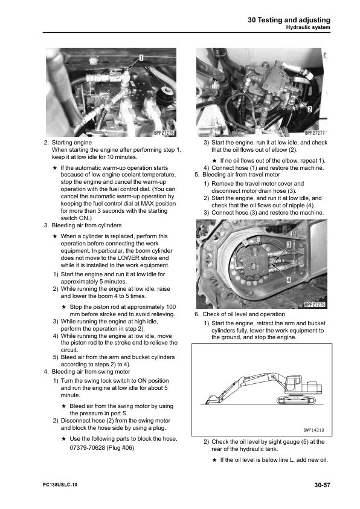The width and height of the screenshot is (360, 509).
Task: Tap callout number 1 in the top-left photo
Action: click(141, 57)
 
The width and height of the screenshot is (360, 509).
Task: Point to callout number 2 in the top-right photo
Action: click(309, 109)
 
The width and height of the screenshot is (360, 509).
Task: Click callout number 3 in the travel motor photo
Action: click(289, 244)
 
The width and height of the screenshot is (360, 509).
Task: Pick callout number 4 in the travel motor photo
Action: click(289, 280)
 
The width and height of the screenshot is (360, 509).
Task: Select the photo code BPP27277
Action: click(314, 132)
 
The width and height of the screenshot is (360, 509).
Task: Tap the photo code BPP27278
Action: click(314, 305)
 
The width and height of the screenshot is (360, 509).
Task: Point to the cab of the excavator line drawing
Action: click(294, 383)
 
